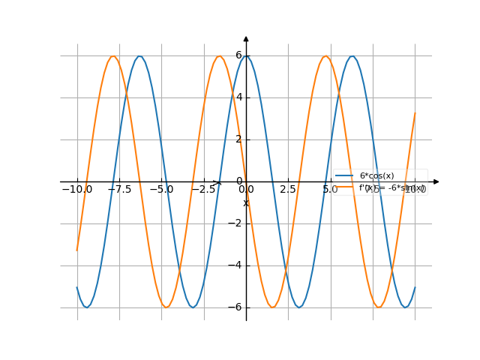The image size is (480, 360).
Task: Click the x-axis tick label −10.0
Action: coord(77,190)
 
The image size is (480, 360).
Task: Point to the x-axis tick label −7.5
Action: coord(119,190)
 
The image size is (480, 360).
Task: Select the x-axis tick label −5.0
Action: coord(161,190)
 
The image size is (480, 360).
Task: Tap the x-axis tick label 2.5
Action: coord(288,190)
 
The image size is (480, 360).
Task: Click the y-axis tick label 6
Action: coord(238,55)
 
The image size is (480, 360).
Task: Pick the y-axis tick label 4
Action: coord(238,97)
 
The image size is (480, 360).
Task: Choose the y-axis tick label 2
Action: coord(238,139)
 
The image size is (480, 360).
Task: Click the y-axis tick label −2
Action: coord(236,223)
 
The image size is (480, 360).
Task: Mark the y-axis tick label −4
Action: coord(236,265)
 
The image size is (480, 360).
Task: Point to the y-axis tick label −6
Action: coord(236,307)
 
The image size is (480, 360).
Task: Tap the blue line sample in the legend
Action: coord(344,175)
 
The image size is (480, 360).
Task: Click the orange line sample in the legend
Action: coord(344,187)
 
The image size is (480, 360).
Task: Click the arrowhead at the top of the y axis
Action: coord(246,38)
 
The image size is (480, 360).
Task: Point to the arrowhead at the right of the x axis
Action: coord(436,181)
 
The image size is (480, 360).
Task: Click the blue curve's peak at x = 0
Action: coord(246,55)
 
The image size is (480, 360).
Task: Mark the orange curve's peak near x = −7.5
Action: coord(113,55)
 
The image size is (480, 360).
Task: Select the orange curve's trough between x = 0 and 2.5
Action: coord(272,307)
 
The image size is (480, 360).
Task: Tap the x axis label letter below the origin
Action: coord(245,203)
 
